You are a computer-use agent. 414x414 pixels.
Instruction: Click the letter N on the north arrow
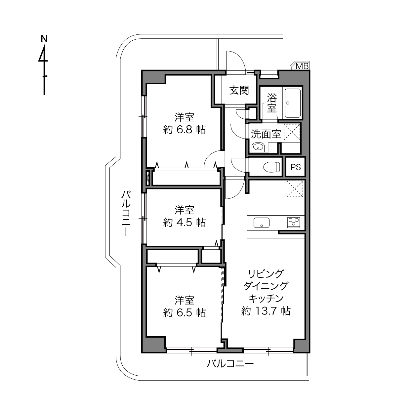tap(44, 39)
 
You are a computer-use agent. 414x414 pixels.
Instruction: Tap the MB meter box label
tap(302, 66)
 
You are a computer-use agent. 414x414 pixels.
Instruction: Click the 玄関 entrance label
tap(239, 90)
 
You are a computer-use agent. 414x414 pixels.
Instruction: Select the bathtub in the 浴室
tap(292, 103)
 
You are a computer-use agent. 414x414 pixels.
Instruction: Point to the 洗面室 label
tap(266, 134)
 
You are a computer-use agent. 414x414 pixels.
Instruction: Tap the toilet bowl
tap(271, 167)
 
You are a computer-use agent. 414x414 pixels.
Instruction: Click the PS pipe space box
tap(295, 167)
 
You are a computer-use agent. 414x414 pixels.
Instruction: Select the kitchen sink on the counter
tap(262, 223)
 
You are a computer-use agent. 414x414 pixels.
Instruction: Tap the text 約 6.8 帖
tap(184, 130)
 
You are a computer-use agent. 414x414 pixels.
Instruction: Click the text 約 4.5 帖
tap(184, 223)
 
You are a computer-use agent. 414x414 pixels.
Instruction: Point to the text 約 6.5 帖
tap(184, 312)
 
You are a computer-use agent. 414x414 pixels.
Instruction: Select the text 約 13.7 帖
tap(266, 311)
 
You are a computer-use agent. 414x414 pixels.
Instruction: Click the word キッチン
tap(266, 298)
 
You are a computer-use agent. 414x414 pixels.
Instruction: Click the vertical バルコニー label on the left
tap(126, 213)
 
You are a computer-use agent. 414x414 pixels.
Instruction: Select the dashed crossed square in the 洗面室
tap(292, 132)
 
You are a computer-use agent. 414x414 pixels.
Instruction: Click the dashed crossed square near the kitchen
tap(295, 188)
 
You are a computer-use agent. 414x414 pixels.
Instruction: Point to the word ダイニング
tap(266, 286)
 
